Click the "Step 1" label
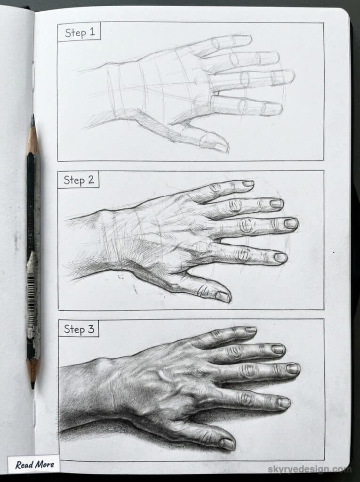click(79, 32)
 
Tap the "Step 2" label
click(79, 180)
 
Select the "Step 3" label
click(79, 329)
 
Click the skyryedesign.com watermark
click(309, 469)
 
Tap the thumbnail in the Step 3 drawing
click(227, 443)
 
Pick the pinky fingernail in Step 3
click(250, 329)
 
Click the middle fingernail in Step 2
click(290, 223)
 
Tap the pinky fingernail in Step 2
click(248, 183)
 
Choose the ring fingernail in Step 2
click(276, 203)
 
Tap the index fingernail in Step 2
click(280, 257)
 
